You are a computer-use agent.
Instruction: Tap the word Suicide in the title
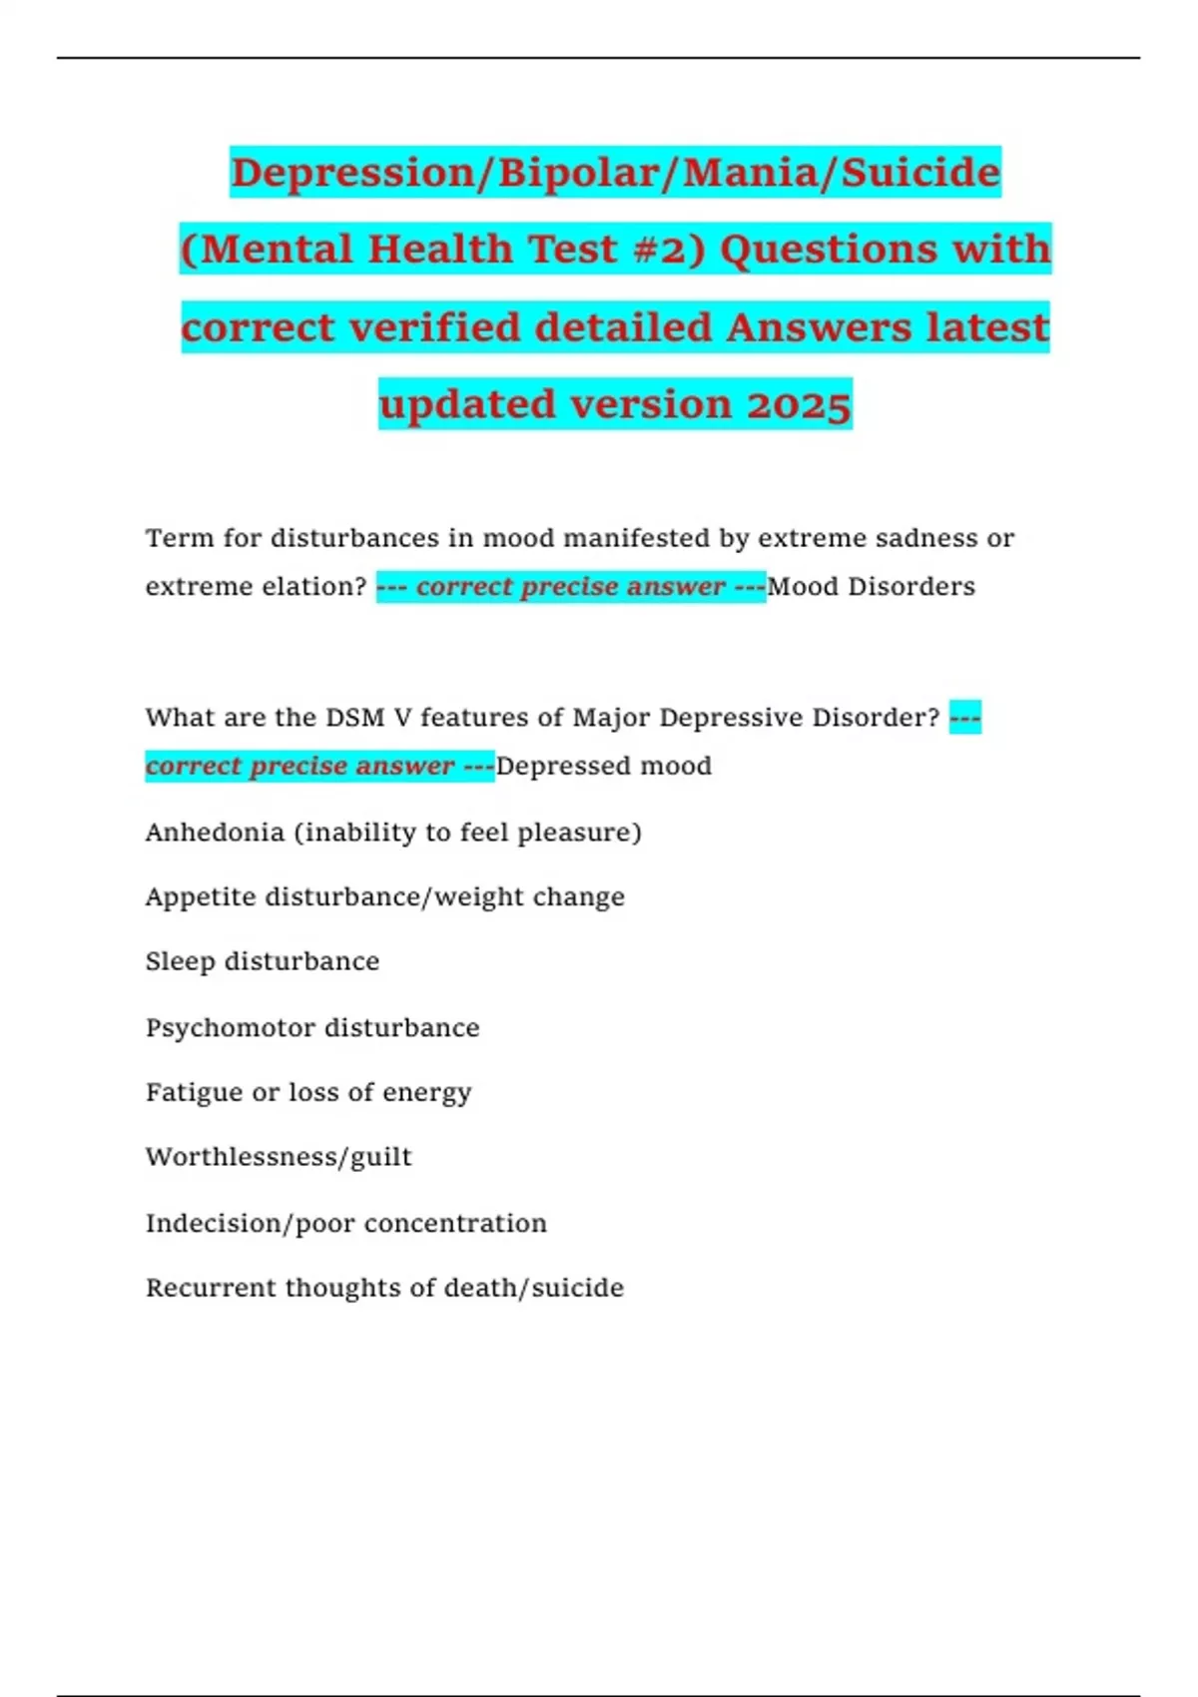(x=920, y=173)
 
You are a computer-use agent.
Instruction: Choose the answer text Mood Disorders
(x=871, y=586)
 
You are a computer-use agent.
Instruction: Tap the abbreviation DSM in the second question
(x=355, y=717)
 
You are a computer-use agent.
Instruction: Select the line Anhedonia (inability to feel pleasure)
(x=393, y=832)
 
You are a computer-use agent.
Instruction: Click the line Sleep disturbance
(x=263, y=961)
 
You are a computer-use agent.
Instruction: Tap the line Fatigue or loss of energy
(x=308, y=1092)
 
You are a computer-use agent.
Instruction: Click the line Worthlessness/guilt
(x=279, y=1157)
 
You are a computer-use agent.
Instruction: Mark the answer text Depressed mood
(x=604, y=766)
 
